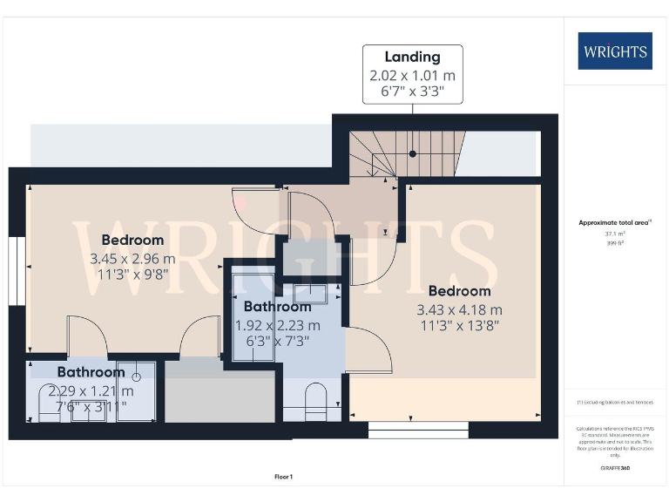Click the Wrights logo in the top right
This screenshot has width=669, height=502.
point(614,51)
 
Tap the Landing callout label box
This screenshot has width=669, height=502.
point(413,74)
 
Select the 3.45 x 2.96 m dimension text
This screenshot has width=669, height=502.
point(132,259)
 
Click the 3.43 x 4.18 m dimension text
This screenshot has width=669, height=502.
point(459,309)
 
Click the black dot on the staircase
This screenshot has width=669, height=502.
point(413,153)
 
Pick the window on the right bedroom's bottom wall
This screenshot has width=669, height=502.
point(418,430)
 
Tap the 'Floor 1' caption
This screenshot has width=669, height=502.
point(283,477)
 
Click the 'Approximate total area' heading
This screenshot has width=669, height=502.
point(614,223)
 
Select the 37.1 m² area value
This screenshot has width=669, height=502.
point(614,234)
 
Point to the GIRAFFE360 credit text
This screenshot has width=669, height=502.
point(614,469)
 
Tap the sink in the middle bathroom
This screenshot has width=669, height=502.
point(309,294)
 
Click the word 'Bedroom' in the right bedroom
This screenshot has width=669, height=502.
point(459,291)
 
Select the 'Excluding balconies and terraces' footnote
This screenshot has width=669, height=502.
point(614,403)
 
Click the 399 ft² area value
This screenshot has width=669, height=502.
point(614,243)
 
